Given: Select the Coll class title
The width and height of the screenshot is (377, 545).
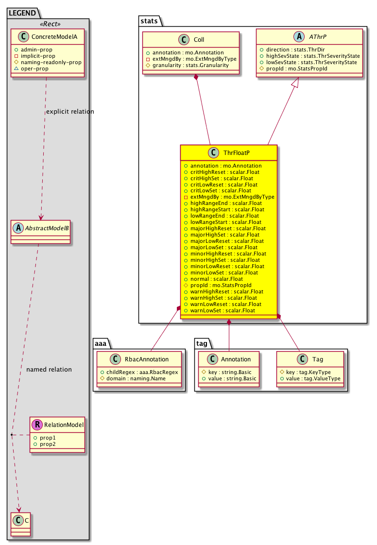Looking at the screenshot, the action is [x=199, y=40].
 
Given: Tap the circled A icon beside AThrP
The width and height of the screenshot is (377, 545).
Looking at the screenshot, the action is [x=299, y=36].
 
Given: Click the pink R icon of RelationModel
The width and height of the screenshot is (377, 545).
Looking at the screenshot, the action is [x=37, y=425].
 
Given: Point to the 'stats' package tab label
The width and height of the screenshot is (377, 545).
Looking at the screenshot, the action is [x=149, y=21].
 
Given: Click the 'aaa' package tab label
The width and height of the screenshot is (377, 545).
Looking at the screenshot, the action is [x=101, y=344].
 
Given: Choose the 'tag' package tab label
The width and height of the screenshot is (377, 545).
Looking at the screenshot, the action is [x=202, y=344].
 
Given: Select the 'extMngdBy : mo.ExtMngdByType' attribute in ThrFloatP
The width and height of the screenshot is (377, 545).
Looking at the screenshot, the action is [x=232, y=197].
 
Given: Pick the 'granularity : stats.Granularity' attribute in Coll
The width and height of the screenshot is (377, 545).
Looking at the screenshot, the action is [x=190, y=66].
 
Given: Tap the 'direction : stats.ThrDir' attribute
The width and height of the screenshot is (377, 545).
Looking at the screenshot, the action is [x=295, y=50].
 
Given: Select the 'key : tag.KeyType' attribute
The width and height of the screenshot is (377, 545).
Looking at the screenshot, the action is [x=308, y=372].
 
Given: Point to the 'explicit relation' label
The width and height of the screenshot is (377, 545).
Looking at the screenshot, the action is [x=70, y=112].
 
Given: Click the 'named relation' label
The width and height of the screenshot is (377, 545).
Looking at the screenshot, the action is [x=49, y=370].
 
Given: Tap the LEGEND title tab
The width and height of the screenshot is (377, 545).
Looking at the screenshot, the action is [x=22, y=13].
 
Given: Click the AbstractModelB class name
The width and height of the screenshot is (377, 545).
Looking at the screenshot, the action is [x=47, y=228].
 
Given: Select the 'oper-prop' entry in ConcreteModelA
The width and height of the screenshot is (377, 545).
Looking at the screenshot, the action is [x=34, y=69].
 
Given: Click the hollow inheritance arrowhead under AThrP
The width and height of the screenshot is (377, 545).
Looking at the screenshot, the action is [x=295, y=83].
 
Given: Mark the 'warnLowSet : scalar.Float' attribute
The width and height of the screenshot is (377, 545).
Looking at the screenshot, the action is [x=223, y=311].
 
